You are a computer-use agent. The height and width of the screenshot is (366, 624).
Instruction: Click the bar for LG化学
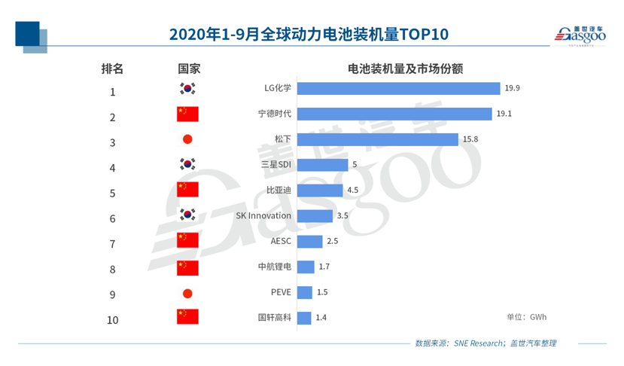coord(398,88)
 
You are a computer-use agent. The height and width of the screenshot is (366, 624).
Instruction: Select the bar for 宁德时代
coord(395,114)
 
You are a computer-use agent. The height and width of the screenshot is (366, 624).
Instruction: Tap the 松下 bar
coord(377,139)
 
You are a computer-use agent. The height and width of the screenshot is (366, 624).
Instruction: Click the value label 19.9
coord(513,88)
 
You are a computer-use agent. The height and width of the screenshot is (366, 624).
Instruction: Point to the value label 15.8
coord(470,139)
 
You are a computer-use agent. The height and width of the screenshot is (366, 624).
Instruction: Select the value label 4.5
coord(352,191)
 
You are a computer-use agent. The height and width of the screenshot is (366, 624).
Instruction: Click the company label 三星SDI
coord(275,165)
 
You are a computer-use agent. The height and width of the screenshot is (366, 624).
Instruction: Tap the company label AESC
coord(281,242)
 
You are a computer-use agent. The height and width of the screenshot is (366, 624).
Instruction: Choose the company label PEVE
coord(281,292)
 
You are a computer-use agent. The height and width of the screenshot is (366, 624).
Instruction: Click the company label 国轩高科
coord(274,318)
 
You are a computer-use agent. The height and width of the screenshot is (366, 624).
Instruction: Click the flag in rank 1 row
coord(187,89)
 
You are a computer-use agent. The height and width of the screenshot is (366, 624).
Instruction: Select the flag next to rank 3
coord(187,139)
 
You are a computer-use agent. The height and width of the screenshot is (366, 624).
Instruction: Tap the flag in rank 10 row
coord(187,317)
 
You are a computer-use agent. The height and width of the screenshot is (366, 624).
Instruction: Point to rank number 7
coord(113,244)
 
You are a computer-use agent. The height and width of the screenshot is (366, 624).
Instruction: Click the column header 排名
coord(112,68)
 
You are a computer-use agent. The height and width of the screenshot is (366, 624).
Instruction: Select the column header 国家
coord(188,68)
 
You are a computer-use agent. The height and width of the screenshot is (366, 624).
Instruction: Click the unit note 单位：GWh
coord(527,317)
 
